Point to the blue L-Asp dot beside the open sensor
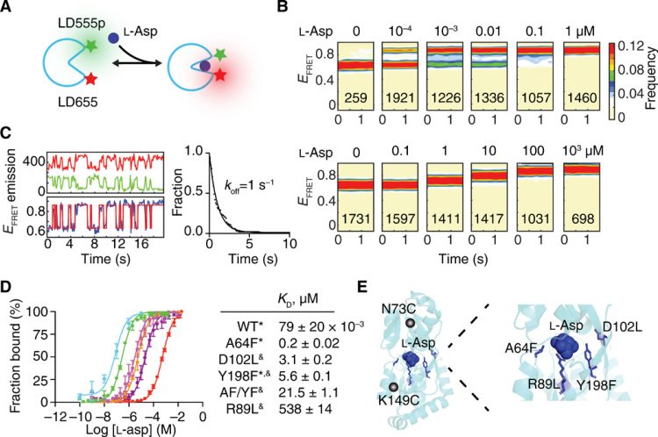tap(114, 38)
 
